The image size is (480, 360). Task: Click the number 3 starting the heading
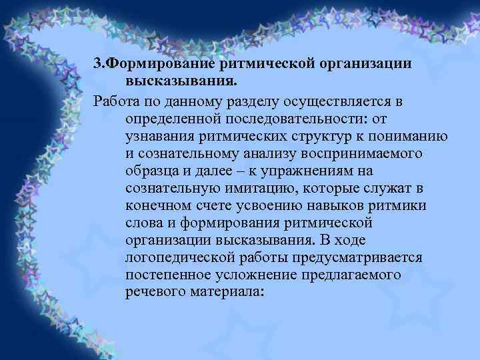pyautogui.click(x=97, y=65)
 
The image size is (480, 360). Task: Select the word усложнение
pyautogui.click(x=255, y=274)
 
